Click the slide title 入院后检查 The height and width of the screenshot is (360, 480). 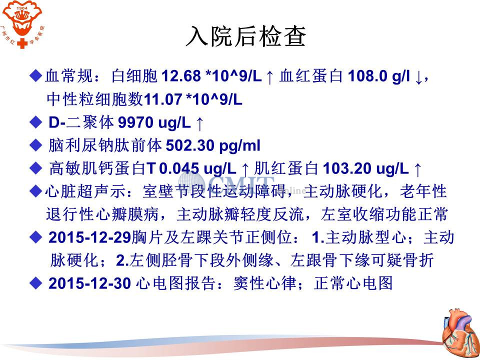pyautogui.click(x=246, y=36)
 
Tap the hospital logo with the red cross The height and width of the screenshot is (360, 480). pyautogui.click(x=22, y=24)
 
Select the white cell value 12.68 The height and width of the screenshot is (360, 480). pyautogui.click(x=181, y=76)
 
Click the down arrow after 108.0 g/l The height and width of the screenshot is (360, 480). pyautogui.click(x=418, y=78)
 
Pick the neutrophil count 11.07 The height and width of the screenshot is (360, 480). pyautogui.click(x=163, y=99)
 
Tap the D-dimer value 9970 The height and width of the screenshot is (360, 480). pyautogui.click(x=136, y=122)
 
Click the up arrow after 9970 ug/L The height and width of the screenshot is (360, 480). pyautogui.click(x=199, y=123)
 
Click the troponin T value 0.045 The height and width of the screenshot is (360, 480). pyautogui.click(x=179, y=168)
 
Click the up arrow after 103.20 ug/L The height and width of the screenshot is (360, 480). pyautogui.click(x=417, y=169)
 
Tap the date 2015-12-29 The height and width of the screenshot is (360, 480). pyautogui.click(x=89, y=237)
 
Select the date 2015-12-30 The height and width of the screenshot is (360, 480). pyautogui.click(x=89, y=283)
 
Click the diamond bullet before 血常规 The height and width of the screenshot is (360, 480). pyautogui.click(x=36, y=75)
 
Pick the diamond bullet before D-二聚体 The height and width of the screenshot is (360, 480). pyautogui.click(x=36, y=122)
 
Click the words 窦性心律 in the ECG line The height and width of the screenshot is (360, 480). pyautogui.click(x=265, y=283)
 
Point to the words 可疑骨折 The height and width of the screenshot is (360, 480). pyautogui.click(x=402, y=260)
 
